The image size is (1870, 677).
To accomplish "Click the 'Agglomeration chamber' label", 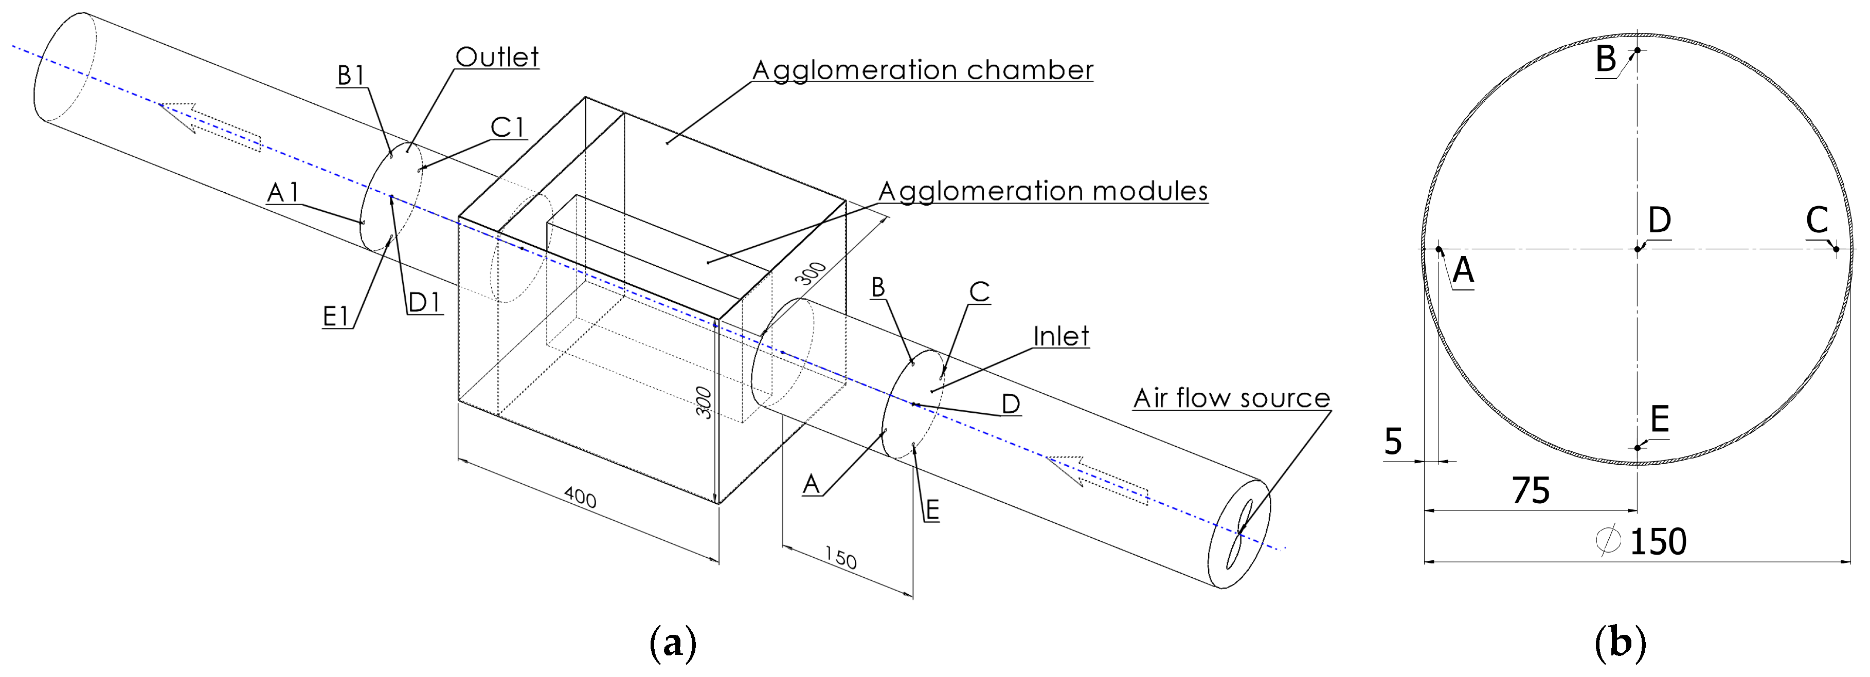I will click(922, 70).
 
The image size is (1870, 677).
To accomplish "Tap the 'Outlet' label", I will click(497, 58).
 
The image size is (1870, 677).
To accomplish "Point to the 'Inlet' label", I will click(1060, 337).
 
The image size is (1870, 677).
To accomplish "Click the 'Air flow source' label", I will click(1231, 398).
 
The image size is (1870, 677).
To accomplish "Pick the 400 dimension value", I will click(580, 498).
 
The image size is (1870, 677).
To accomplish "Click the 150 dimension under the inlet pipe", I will click(841, 558).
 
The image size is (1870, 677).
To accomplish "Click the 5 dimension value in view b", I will click(1392, 441).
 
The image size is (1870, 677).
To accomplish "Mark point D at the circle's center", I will click(1637, 249).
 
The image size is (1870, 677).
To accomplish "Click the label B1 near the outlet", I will click(351, 76).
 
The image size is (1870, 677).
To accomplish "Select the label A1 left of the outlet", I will click(283, 193).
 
